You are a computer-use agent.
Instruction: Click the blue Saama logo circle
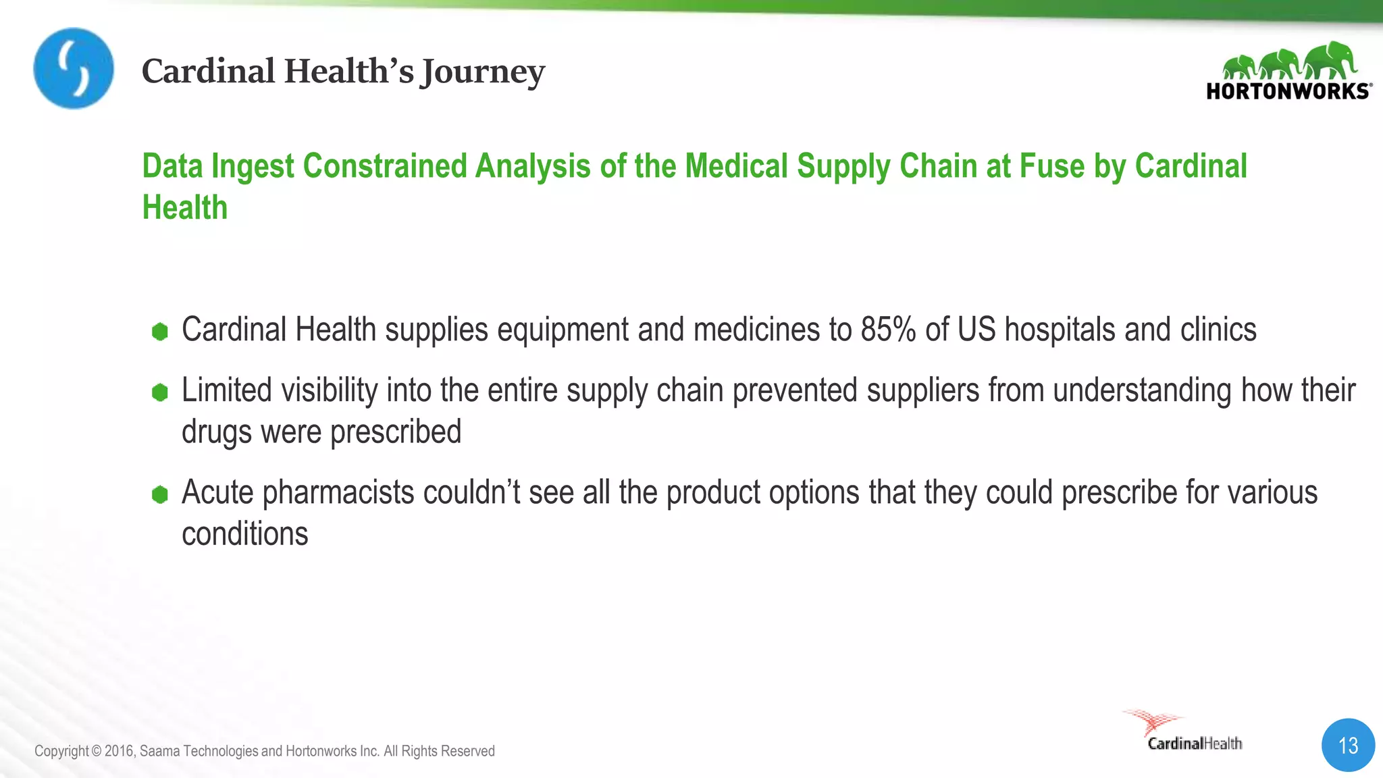click(x=74, y=68)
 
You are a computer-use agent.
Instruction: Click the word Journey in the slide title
click(x=482, y=72)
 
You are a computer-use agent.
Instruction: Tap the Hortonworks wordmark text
click(x=1288, y=91)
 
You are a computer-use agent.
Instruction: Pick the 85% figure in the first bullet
click(x=888, y=330)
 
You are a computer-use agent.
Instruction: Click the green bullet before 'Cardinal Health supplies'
click(x=160, y=332)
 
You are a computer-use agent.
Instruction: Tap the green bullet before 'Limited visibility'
click(x=160, y=392)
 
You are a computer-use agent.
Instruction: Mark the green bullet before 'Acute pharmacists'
click(x=160, y=494)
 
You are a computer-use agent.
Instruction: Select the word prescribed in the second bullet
click(x=396, y=432)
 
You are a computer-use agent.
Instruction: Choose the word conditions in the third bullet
click(x=245, y=534)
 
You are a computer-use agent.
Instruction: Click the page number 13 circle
click(x=1348, y=746)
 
